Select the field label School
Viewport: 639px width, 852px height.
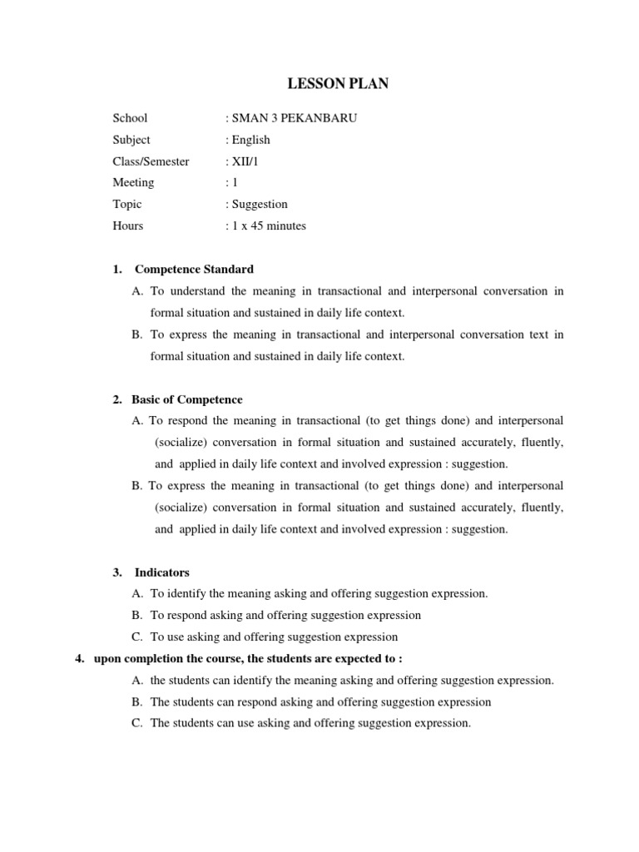pos(130,118)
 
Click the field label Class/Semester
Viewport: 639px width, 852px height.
pos(151,161)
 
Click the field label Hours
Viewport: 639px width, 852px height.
pos(128,225)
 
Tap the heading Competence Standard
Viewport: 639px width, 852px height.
pos(194,270)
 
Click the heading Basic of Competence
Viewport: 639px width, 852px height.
pos(187,399)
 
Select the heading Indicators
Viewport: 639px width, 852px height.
pos(162,572)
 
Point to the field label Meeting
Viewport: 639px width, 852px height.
pos(133,182)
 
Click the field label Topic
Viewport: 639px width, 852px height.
pos(127,204)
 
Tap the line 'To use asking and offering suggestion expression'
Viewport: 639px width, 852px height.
pos(274,637)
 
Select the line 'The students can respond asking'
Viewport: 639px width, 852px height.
pos(320,702)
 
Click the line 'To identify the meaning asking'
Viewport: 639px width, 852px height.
pos(319,594)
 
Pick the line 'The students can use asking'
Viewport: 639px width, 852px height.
pos(310,723)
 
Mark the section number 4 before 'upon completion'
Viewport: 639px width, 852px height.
pos(79,659)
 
